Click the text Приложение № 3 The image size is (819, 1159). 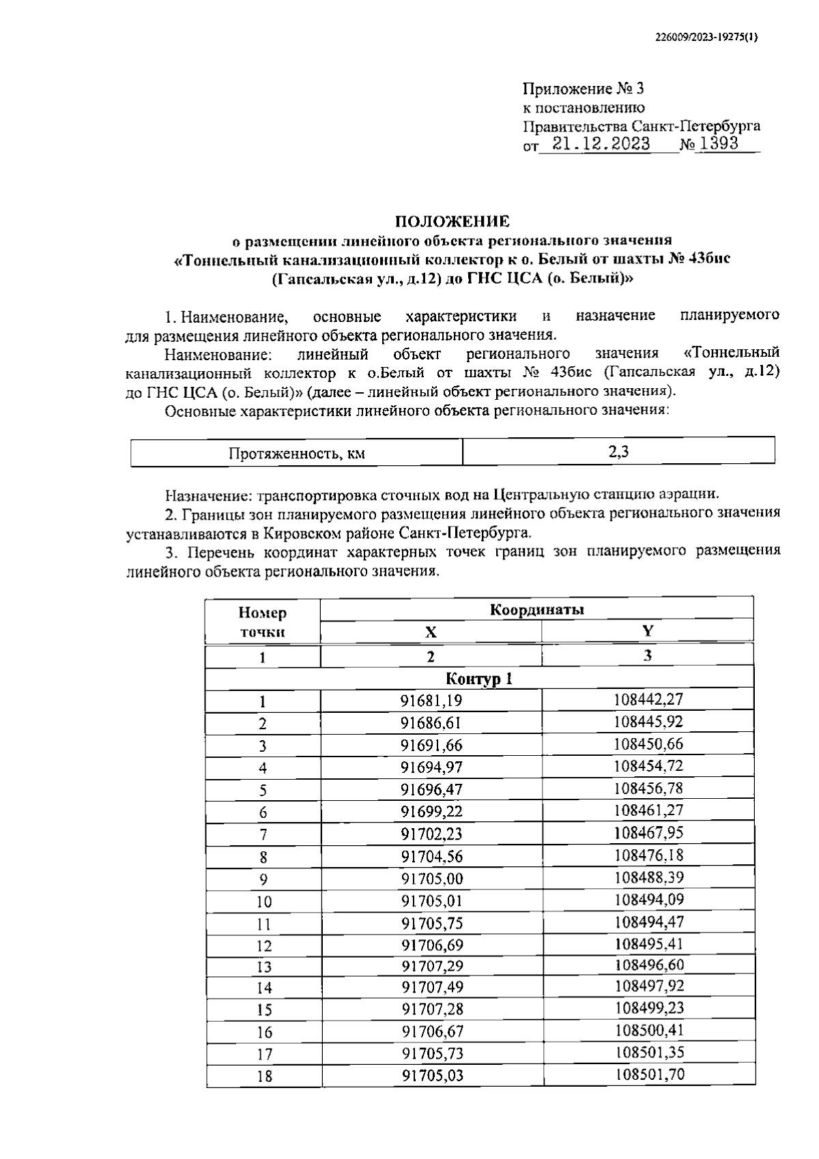[x=583, y=89]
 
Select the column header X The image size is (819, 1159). [x=431, y=632]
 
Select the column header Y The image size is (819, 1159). [x=647, y=631]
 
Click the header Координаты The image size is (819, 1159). [x=536, y=610]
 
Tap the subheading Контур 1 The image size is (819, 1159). [x=478, y=679]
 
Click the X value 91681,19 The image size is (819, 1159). [x=431, y=701]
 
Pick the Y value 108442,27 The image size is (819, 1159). [x=648, y=700]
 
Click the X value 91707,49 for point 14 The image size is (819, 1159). [x=431, y=987]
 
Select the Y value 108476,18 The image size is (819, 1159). [x=648, y=855]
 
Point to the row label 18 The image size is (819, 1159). [x=263, y=1077]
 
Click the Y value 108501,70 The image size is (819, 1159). [x=648, y=1076]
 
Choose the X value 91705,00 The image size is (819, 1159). [x=431, y=879]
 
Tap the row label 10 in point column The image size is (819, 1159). [x=263, y=902]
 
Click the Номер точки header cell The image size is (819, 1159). [x=263, y=622]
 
